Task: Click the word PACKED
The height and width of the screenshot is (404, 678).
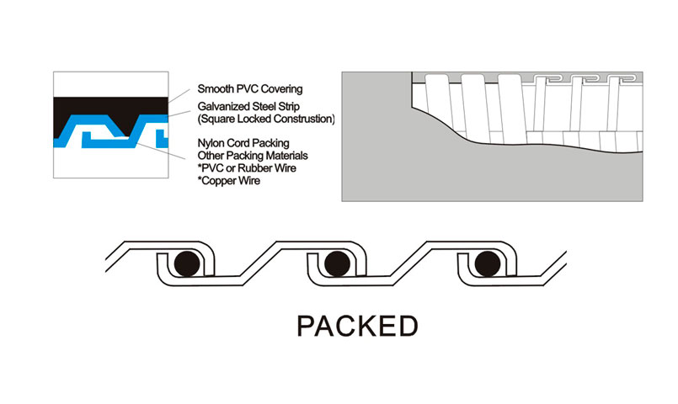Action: click(x=358, y=325)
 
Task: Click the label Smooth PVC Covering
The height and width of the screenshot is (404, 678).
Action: click(x=250, y=88)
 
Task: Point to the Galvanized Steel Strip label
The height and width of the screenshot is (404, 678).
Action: click(x=254, y=107)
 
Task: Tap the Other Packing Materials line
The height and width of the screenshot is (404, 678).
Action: click(x=251, y=156)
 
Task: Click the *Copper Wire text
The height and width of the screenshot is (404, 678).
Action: click(x=228, y=180)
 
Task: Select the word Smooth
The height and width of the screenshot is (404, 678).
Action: click(x=216, y=88)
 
